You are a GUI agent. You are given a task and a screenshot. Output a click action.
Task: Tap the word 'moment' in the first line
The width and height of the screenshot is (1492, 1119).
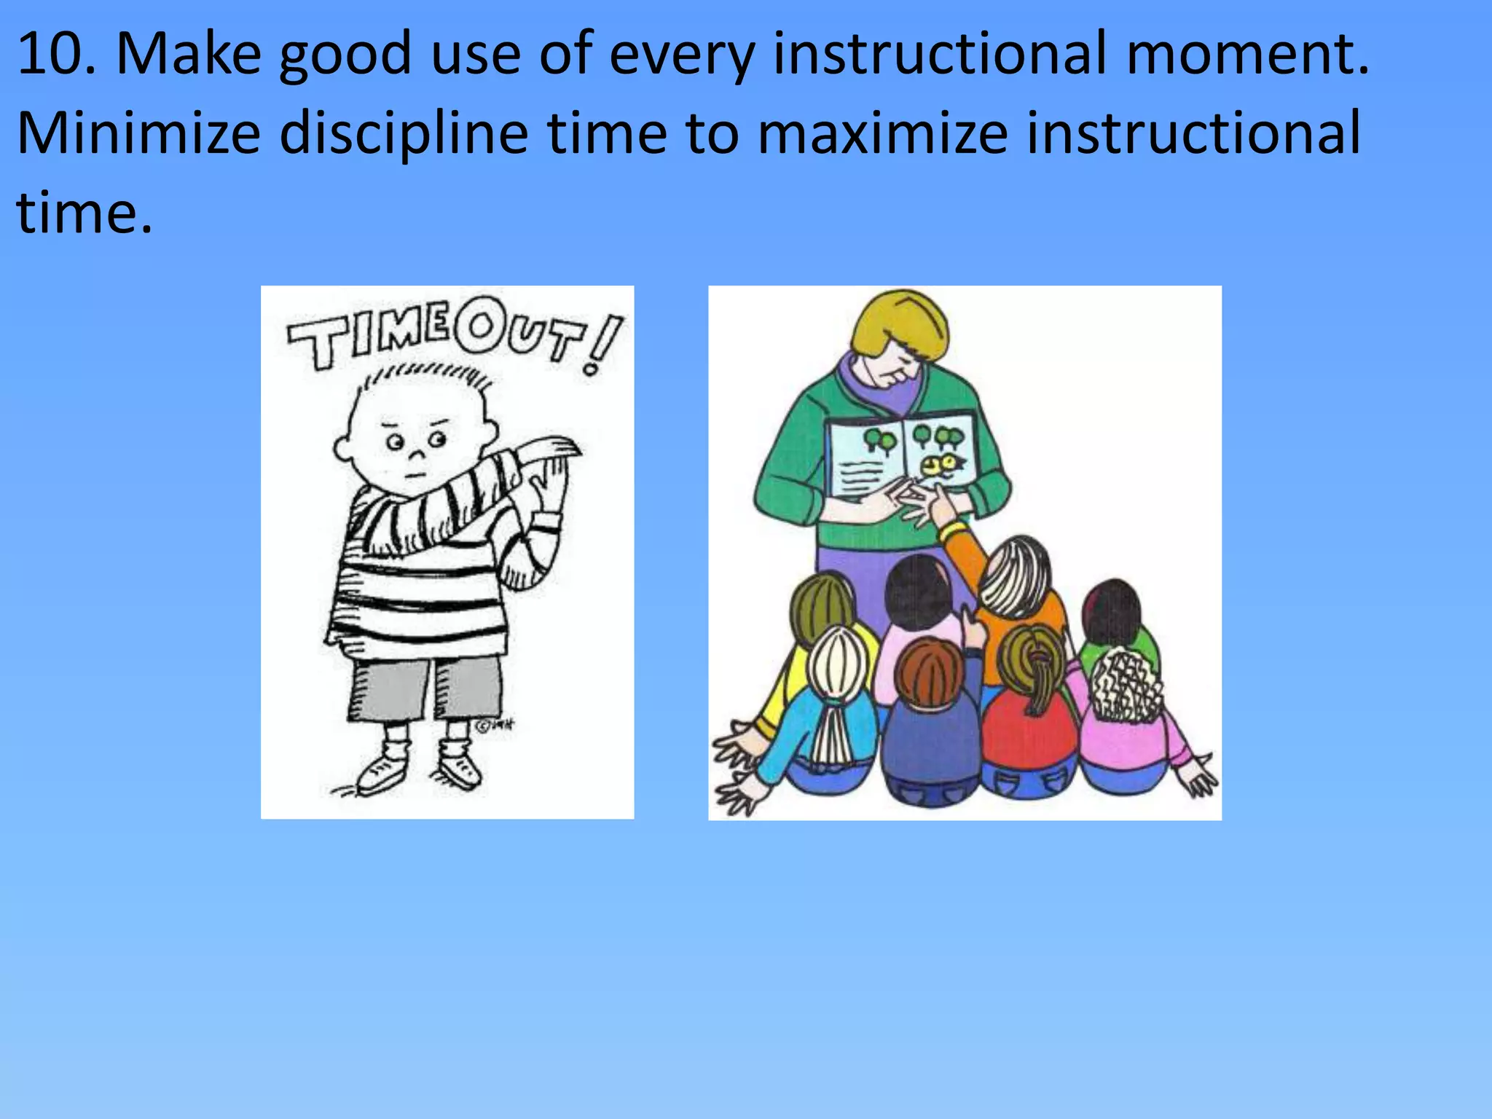[x=1238, y=54]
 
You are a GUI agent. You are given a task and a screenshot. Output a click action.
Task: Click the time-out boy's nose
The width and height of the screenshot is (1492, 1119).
[x=416, y=455]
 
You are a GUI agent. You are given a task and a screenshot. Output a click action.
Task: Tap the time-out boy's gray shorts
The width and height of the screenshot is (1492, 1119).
[x=423, y=688]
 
